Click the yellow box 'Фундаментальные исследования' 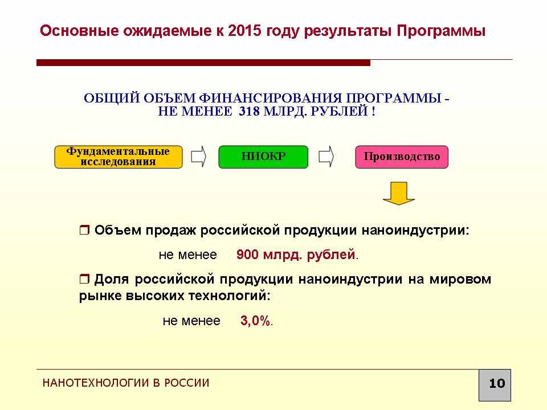tap(119, 157)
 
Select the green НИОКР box tap(263, 157)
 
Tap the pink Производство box tap(402, 157)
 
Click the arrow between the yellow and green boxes tap(198, 157)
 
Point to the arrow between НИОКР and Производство tap(326, 157)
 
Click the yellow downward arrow tap(399, 193)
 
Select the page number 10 tap(497, 383)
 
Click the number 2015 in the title tap(244, 31)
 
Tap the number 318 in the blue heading tap(249, 112)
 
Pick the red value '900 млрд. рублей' tap(296, 255)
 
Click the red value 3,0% tap(255, 321)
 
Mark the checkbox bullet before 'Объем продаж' tap(84, 230)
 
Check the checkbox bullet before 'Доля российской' tap(84, 279)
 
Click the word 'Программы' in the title tap(441, 31)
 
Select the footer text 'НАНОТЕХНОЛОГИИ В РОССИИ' tap(126, 383)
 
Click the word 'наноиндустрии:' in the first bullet tap(415, 231)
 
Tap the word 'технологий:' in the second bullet tap(230, 296)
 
